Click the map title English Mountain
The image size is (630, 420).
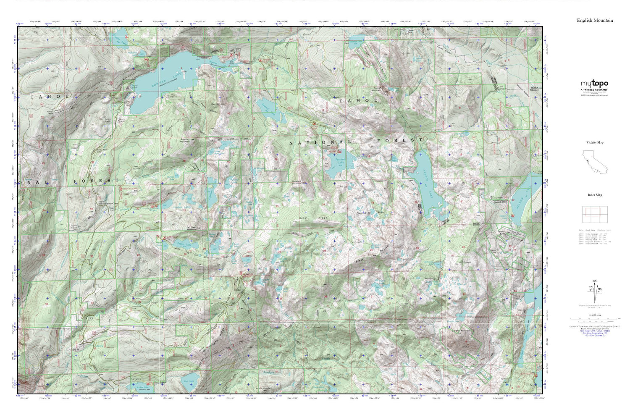(x=595, y=20)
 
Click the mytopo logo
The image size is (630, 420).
(x=594, y=84)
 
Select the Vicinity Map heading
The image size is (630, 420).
(x=595, y=142)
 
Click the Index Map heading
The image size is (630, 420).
(x=595, y=195)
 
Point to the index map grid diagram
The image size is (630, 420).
(x=595, y=215)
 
